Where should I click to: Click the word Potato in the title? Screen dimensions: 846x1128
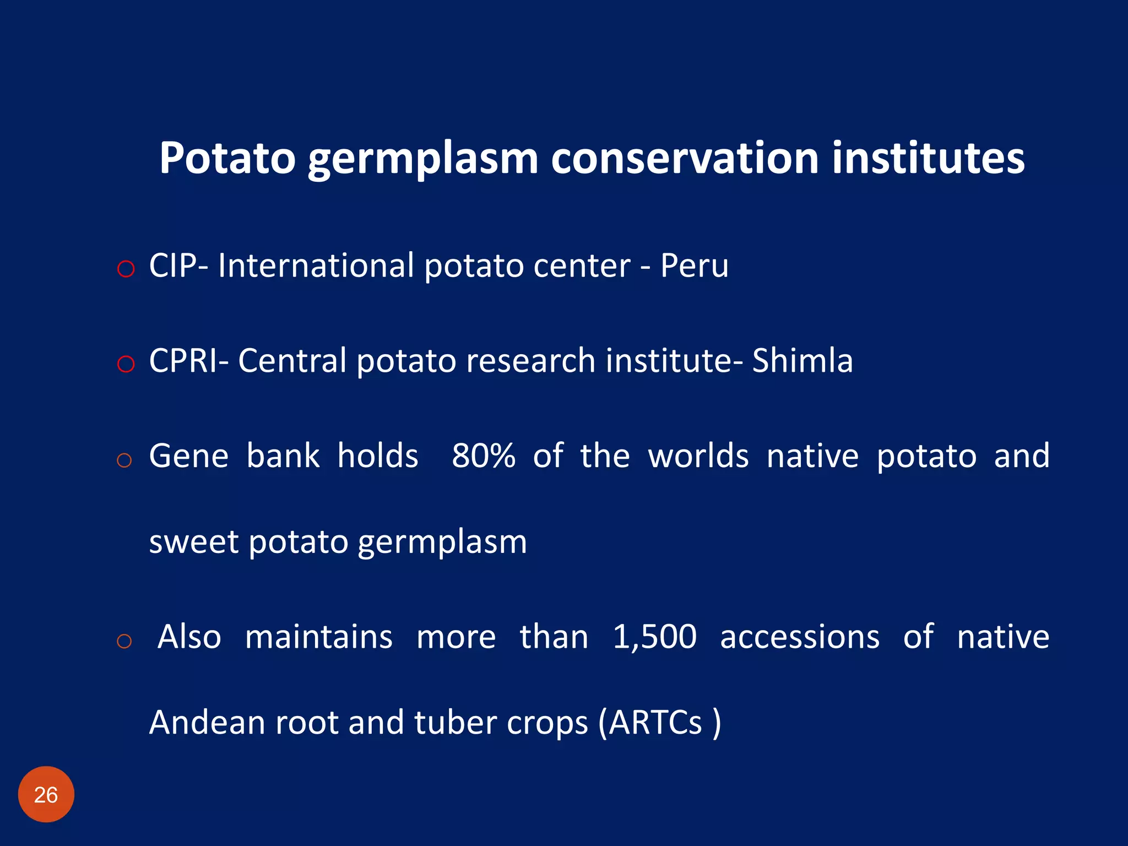(x=227, y=159)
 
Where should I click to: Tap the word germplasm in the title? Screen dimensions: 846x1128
(x=422, y=159)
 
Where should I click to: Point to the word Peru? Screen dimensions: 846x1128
(x=694, y=266)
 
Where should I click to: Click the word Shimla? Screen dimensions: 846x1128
(x=802, y=361)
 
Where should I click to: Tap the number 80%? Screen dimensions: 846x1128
(x=483, y=456)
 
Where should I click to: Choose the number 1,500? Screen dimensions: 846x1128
(x=654, y=637)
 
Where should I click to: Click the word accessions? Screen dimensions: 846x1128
(x=799, y=637)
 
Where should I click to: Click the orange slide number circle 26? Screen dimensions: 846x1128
(x=46, y=794)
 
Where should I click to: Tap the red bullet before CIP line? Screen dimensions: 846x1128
(x=126, y=269)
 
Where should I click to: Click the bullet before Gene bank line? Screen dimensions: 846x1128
(x=124, y=460)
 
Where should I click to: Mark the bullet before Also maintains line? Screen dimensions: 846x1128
(x=124, y=641)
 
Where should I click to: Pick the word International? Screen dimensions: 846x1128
(x=316, y=266)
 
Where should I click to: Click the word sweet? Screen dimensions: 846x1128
(x=193, y=542)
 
